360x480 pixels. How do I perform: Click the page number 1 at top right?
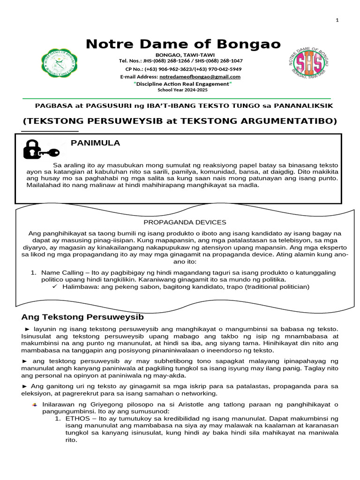click(x=337, y=20)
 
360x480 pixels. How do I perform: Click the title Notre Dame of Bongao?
click(x=183, y=45)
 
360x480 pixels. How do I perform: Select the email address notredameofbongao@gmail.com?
click(x=200, y=76)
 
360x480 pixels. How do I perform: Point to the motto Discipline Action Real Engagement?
click(x=183, y=83)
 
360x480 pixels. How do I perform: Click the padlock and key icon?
click(x=40, y=149)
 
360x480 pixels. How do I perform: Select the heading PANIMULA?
click(x=95, y=143)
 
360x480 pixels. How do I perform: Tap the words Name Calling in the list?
click(x=59, y=272)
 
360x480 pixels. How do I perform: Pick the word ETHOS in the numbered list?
click(x=76, y=417)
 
